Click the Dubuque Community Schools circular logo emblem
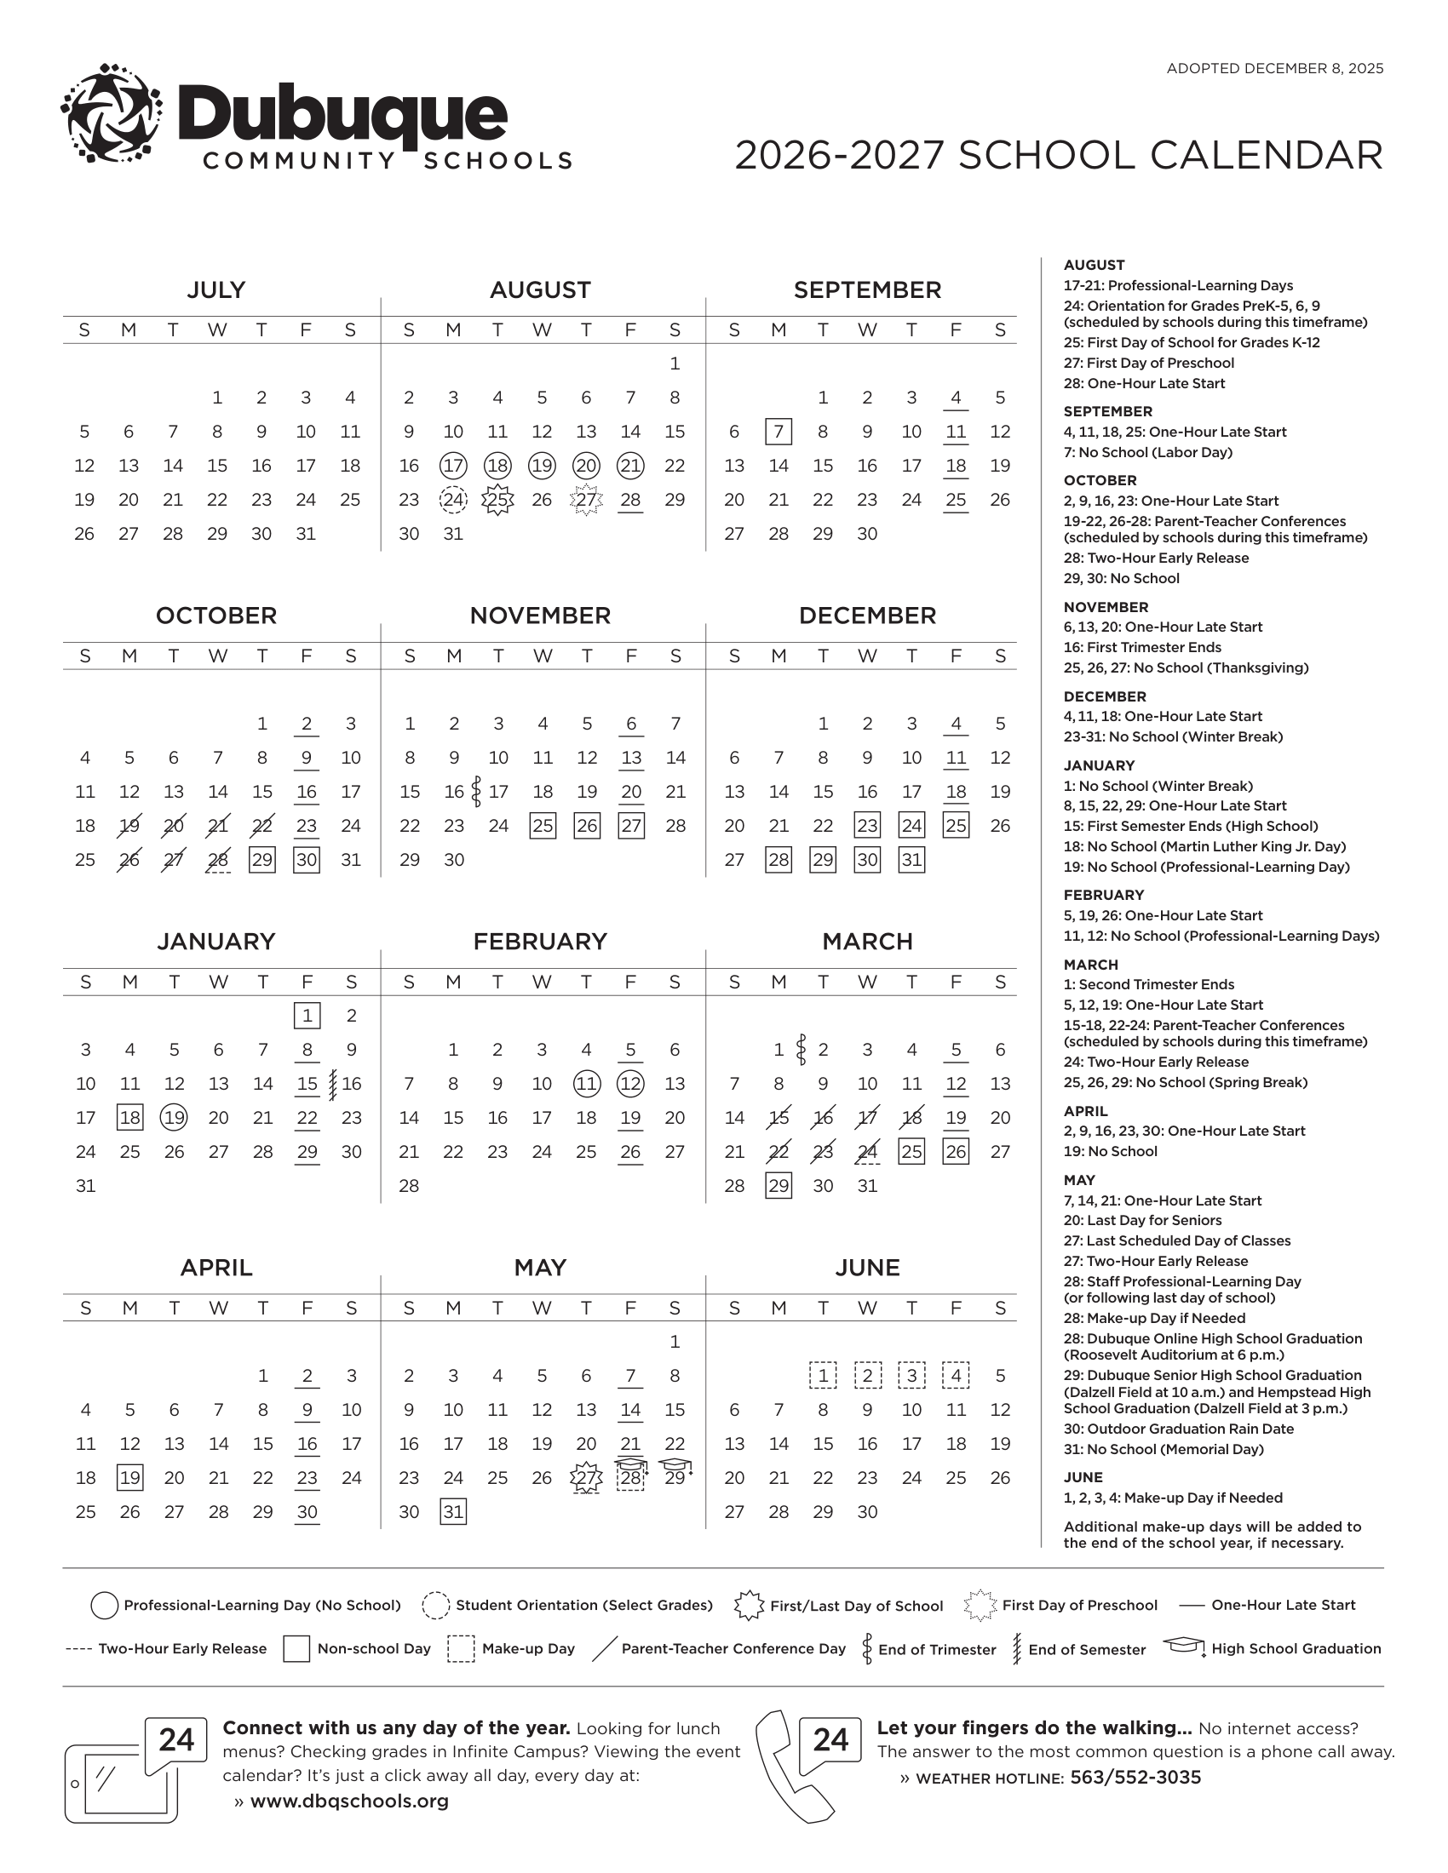click(x=112, y=112)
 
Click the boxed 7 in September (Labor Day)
click(x=778, y=432)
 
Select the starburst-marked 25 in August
click(x=497, y=500)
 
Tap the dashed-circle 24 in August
click(x=453, y=500)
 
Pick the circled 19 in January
click(x=174, y=1118)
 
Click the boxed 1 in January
click(x=307, y=1016)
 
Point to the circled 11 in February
click(x=587, y=1084)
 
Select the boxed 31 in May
click(x=453, y=1512)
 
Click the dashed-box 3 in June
click(x=911, y=1376)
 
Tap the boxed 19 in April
click(x=129, y=1478)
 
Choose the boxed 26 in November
click(x=587, y=826)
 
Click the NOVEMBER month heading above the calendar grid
click(x=540, y=616)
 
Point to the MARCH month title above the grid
click(x=867, y=942)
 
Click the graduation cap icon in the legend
click(x=1184, y=1647)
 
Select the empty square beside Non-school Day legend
click(x=296, y=1649)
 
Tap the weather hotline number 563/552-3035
click(x=1135, y=1777)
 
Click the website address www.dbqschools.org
click(x=349, y=1801)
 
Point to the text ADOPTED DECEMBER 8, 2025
click(x=1275, y=69)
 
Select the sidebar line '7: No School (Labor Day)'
click(x=1148, y=452)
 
